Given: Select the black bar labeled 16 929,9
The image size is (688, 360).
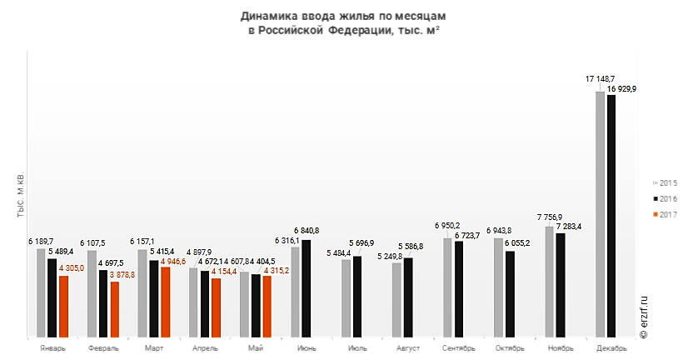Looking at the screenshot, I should point(611,217).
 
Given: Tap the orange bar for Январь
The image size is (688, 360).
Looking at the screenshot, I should point(63,307).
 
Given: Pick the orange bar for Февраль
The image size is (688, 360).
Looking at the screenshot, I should point(114,310).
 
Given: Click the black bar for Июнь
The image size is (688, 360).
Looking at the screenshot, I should point(306,288).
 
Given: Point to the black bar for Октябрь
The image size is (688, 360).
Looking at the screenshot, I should point(510,294).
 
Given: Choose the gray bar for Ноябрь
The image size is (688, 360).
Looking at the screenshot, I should point(550,282).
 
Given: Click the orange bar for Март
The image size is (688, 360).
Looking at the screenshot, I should point(165,302).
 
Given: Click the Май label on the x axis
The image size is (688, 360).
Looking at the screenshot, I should point(256,348).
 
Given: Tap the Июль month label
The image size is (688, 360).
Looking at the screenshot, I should point(356,348).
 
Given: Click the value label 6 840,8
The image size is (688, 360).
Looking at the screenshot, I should point(306,230).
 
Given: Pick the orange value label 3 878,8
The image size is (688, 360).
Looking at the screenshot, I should point(124,274).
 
